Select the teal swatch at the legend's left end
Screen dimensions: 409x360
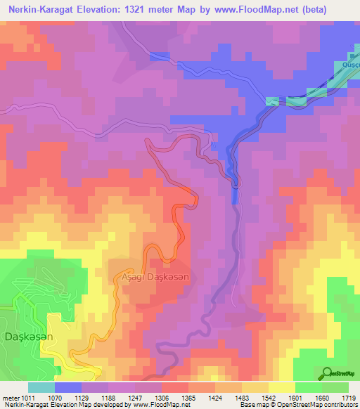point(41,387)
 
